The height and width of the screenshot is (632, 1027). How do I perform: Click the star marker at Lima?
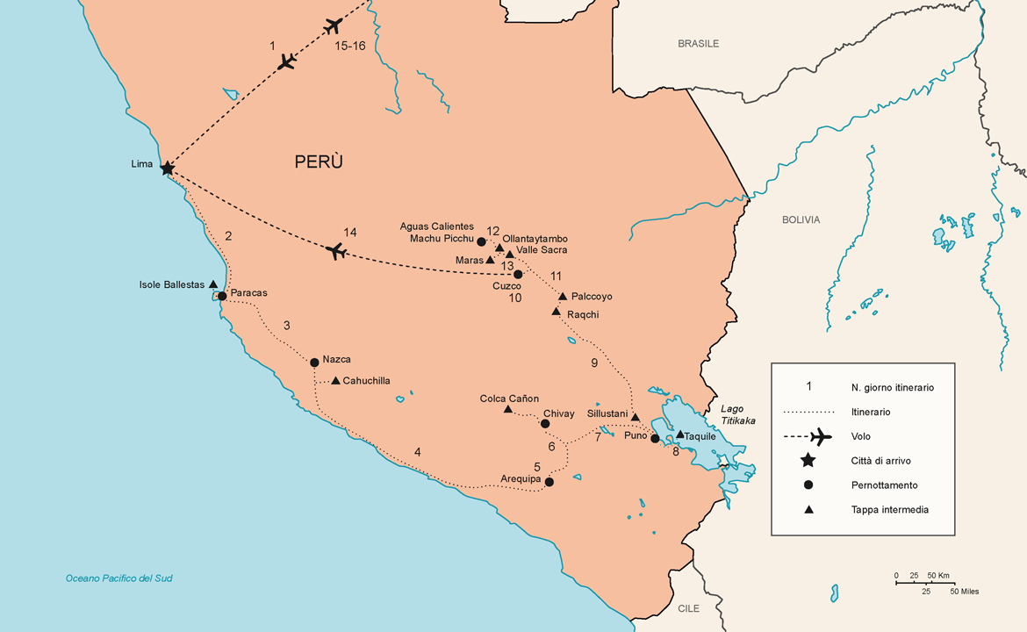167,167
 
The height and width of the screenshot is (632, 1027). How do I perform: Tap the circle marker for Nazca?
314,362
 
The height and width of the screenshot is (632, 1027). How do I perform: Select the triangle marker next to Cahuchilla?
336,381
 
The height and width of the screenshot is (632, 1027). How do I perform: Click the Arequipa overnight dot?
549,481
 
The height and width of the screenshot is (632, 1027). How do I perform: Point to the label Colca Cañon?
509,399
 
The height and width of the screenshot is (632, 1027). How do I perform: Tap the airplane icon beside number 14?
335,252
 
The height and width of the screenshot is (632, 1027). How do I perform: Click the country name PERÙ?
319,162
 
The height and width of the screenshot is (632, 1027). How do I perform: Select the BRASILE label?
698,43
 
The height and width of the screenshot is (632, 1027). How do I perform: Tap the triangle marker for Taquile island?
679,434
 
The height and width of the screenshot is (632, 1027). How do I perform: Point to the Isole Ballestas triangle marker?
213,284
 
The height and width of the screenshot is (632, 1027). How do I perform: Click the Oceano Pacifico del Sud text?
118,578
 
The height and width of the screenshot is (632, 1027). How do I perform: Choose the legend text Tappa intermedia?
889,509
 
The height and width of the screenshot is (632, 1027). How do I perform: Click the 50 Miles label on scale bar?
964,592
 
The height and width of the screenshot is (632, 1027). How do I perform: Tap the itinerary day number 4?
418,452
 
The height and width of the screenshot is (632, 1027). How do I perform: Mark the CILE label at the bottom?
689,608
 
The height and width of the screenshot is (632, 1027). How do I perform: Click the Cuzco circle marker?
518,274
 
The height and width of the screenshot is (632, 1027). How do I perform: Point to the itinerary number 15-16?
350,47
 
